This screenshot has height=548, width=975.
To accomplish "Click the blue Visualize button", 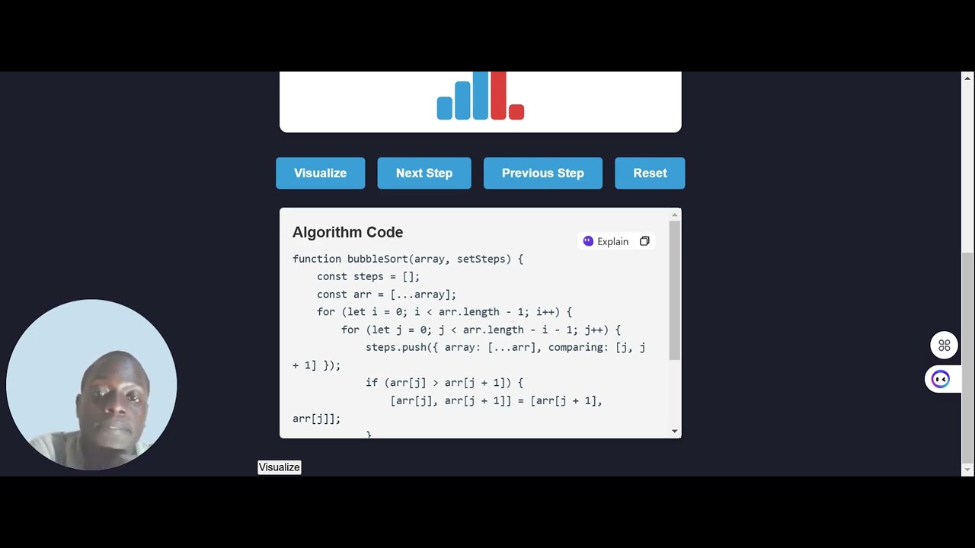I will (x=320, y=173).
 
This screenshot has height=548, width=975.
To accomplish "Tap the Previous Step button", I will (x=542, y=173).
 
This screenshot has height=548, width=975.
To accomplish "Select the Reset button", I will (x=650, y=173).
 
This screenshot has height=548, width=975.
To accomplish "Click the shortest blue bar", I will (x=444, y=108).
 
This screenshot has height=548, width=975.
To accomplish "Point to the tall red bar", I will (x=498, y=96).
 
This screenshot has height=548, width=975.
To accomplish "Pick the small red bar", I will (x=516, y=112).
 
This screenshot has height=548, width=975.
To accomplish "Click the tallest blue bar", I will (x=480, y=96).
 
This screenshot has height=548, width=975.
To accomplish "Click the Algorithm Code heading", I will (x=347, y=232).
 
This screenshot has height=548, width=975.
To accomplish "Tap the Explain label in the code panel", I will (x=612, y=241).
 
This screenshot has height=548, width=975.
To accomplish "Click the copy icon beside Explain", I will (x=644, y=241).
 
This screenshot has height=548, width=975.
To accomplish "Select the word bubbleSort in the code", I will (x=377, y=259).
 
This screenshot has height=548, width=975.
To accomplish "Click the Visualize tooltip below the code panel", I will (x=280, y=467).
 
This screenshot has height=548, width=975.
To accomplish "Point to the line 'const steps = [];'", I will (x=368, y=276).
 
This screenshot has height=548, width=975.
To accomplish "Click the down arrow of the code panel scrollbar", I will (x=674, y=432).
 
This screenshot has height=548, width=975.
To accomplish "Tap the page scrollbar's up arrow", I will (x=967, y=78).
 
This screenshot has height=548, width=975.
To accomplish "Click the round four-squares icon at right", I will (x=944, y=346).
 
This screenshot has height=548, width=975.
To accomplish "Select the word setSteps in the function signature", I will (x=481, y=259).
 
